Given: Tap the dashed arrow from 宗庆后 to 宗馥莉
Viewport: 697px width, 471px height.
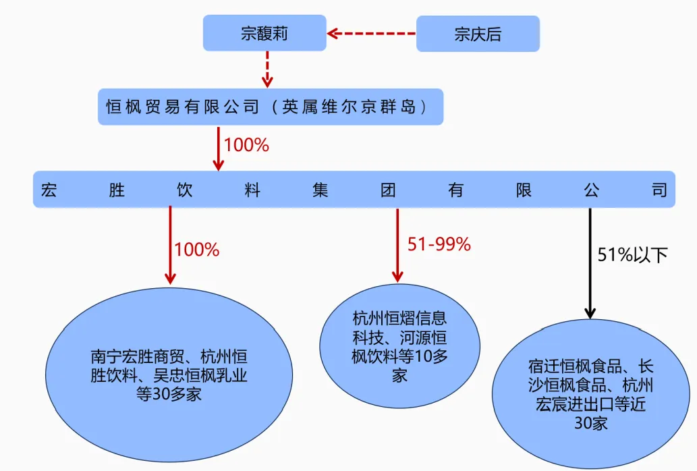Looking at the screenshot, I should (371, 33).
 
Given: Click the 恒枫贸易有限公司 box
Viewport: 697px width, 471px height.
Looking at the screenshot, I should (271, 107).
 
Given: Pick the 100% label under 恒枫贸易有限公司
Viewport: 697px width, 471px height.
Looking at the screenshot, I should (246, 145).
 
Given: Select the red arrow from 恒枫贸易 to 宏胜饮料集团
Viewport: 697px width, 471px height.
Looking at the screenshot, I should (218, 148).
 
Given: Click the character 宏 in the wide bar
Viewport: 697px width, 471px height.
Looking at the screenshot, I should (49, 190).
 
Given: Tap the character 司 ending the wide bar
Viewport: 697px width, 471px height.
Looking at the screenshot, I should (659, 190).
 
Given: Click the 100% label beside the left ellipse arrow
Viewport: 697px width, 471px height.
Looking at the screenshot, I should (197, 250).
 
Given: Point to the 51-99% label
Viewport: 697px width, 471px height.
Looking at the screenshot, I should (439, 245).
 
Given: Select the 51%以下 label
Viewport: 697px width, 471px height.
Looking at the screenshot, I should (632, 255).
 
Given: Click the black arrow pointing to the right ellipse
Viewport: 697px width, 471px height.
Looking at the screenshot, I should (590, 263).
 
